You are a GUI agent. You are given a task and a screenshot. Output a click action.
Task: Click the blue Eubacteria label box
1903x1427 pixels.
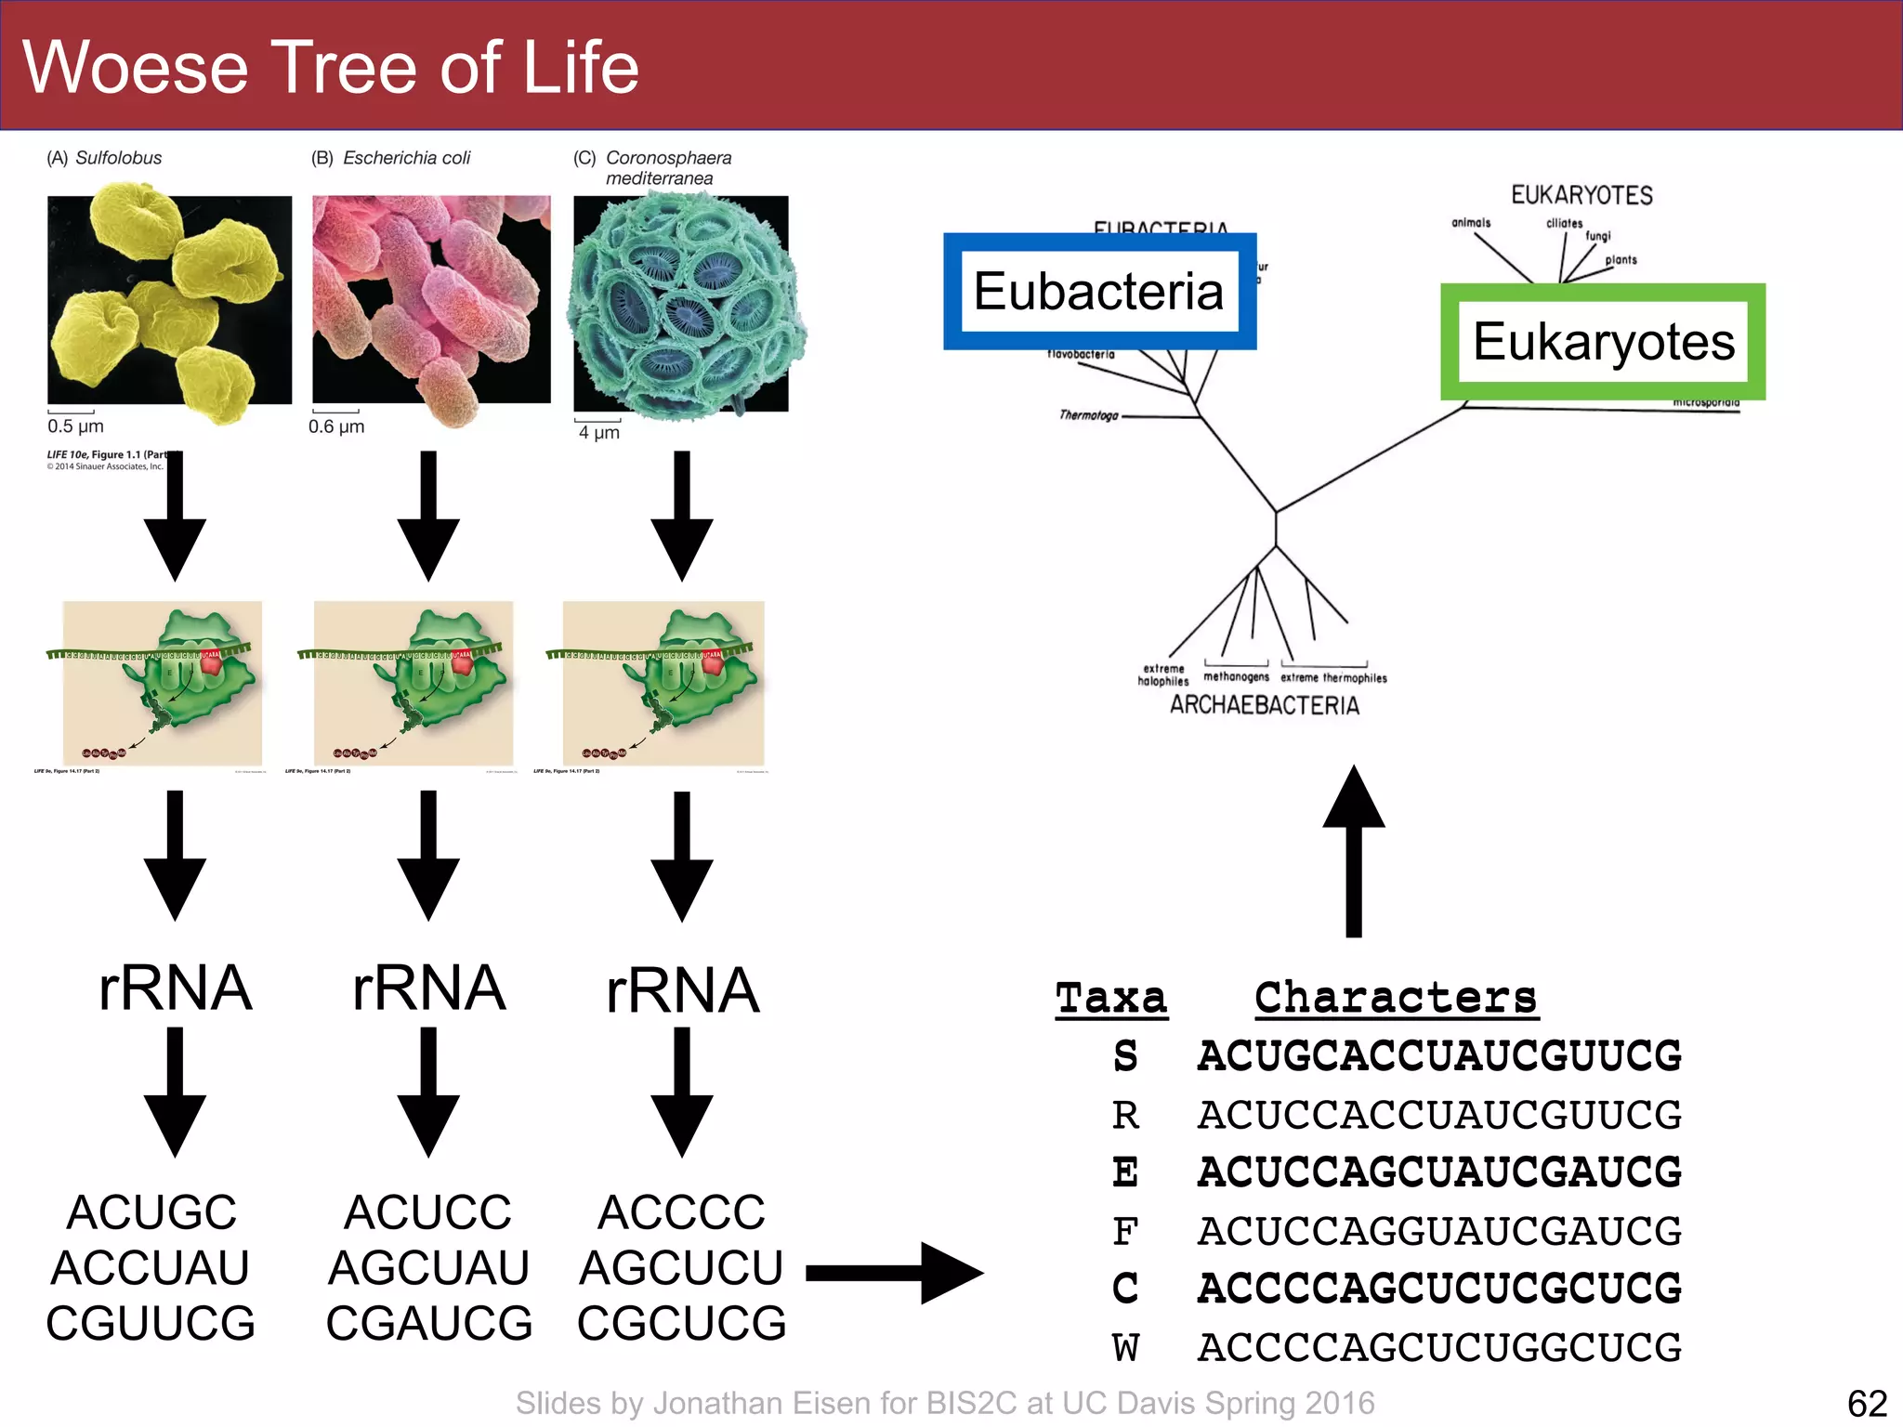click(1099, 291)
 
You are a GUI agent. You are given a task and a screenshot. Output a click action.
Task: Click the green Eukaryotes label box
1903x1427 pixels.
click(1603, 342)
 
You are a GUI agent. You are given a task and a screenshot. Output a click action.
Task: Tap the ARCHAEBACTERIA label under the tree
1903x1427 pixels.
click(1264, 705)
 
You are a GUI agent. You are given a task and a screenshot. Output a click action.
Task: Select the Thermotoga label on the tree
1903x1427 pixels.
click(1089, 415)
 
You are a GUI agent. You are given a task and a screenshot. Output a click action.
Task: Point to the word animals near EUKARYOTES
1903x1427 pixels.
click(1471, 223)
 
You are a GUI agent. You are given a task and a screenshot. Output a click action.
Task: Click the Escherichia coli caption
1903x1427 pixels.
click(406, 158)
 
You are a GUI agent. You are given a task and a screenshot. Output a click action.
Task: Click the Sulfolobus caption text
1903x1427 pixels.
click(118, 158)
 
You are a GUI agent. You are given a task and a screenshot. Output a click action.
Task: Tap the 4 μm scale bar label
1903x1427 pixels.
click(598, 432)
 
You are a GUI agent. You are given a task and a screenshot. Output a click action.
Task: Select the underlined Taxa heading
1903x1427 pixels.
click(1111, 999)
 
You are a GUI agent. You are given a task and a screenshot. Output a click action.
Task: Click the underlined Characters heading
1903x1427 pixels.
click(1396, 999)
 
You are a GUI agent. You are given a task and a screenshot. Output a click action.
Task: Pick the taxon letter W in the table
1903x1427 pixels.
click(1125, 1347)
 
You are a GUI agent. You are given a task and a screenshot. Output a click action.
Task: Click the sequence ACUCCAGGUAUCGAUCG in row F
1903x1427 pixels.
click(1439, 1231)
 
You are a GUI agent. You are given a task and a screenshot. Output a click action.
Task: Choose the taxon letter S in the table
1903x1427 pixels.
click(1125, 1056)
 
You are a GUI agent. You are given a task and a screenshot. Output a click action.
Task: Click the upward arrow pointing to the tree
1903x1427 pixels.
click(1354, 850)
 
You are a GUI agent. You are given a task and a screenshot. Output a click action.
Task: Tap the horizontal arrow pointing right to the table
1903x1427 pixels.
click(894, 1273)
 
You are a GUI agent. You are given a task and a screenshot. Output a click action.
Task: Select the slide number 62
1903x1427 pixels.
click(1867, 1403)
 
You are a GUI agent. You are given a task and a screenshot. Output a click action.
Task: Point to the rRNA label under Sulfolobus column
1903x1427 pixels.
click(175, 988)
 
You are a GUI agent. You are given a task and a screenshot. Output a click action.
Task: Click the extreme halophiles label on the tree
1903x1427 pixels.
click(1163, 674)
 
